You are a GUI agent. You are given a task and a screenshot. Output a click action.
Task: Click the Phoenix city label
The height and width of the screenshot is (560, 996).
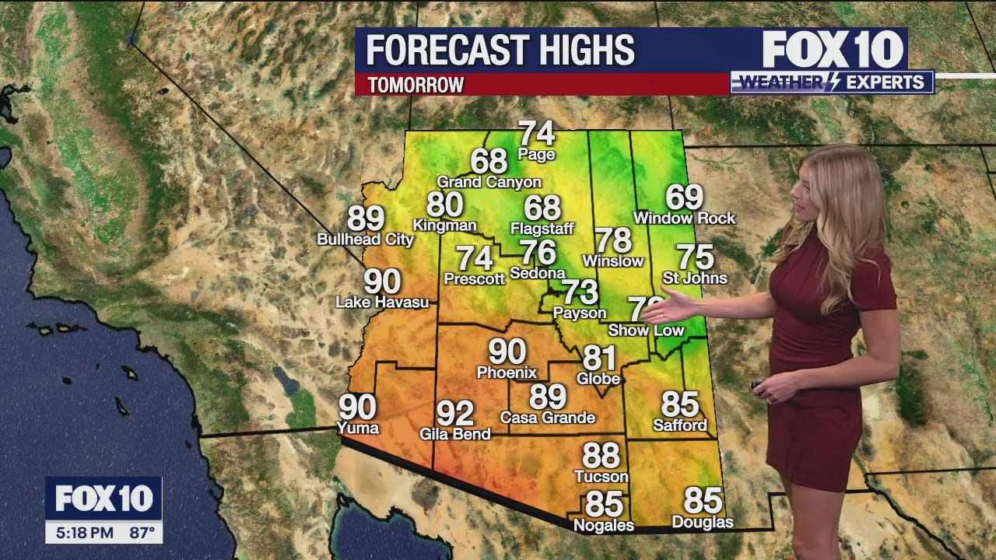click(507, 372)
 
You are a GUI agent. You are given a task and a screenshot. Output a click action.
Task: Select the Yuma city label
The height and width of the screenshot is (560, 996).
click(358, 427)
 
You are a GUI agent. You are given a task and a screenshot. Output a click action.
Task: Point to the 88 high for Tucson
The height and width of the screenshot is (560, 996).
click(601, 456)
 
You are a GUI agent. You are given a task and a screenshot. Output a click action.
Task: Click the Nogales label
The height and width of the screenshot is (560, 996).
click(603, 526)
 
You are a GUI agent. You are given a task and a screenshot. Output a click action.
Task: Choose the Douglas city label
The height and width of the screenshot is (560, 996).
click(703, 522)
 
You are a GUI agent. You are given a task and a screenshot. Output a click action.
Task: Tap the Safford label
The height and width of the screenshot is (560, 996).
click(680, 425)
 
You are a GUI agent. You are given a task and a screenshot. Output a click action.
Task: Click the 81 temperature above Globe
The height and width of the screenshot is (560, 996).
click(599, 359)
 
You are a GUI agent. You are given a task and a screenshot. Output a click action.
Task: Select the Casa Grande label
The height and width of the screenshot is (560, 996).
click(547, 418)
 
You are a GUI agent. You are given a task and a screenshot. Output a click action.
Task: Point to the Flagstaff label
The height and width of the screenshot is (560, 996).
click(542, 229)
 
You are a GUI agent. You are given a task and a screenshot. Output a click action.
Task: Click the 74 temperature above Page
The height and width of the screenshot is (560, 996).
click(537, 133)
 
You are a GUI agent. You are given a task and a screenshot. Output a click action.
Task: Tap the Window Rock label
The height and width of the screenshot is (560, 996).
click(684, 219)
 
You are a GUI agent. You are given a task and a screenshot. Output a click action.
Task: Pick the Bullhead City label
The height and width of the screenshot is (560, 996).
click(365, 240)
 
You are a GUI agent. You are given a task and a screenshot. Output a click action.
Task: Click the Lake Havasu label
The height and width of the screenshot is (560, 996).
click(382, 302)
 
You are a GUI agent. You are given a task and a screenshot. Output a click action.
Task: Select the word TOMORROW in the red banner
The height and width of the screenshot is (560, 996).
click(416, 85)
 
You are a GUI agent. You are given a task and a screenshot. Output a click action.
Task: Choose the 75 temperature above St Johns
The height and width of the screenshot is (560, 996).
click(695, 257)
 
